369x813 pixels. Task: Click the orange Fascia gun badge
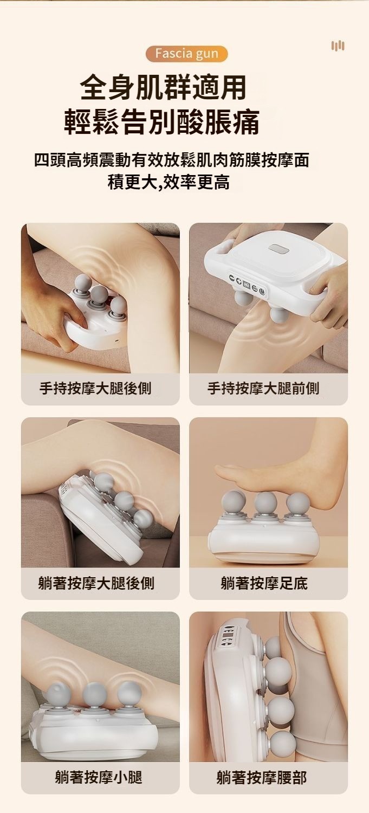pos(186,54)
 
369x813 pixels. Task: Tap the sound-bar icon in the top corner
pos(338,46)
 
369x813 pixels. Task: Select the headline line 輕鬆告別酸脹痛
pos(162,122)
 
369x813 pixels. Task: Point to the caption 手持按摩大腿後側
pos(95,389)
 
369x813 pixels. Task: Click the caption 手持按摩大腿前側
pos(263,389)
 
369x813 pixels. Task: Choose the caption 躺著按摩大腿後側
pos(96,583)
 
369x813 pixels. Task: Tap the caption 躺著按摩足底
pos(264,583)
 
